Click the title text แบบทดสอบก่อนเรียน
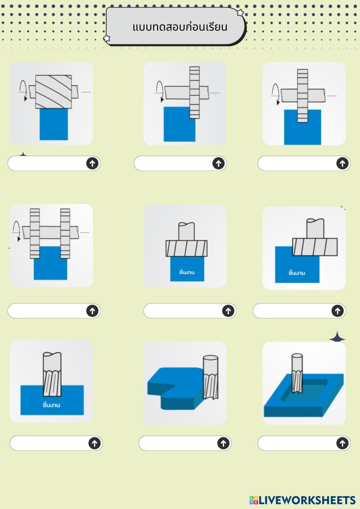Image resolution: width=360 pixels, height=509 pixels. pos(180,27)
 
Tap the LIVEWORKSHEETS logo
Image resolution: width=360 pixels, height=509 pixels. pos(302,500)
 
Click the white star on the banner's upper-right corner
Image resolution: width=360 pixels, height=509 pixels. pos(240,13)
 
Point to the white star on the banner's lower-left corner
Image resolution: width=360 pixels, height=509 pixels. pos(107,38)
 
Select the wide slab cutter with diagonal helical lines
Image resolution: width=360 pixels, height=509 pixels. pos(53,92)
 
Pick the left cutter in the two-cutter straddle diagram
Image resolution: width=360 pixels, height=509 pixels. pos(35,233)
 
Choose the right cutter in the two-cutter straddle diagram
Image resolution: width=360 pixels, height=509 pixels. pos(65,233)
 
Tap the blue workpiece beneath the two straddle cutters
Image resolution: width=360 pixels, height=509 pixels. pos(50,263)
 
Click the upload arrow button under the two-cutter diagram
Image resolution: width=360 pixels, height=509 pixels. pos(92,311)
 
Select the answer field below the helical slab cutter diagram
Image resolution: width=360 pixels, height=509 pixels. pos(54,163)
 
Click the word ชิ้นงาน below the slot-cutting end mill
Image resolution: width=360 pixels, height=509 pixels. pos(51,405)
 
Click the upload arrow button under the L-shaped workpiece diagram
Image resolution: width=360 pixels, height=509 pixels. pos(223,443)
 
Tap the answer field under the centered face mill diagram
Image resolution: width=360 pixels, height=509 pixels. pos(190,311)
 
